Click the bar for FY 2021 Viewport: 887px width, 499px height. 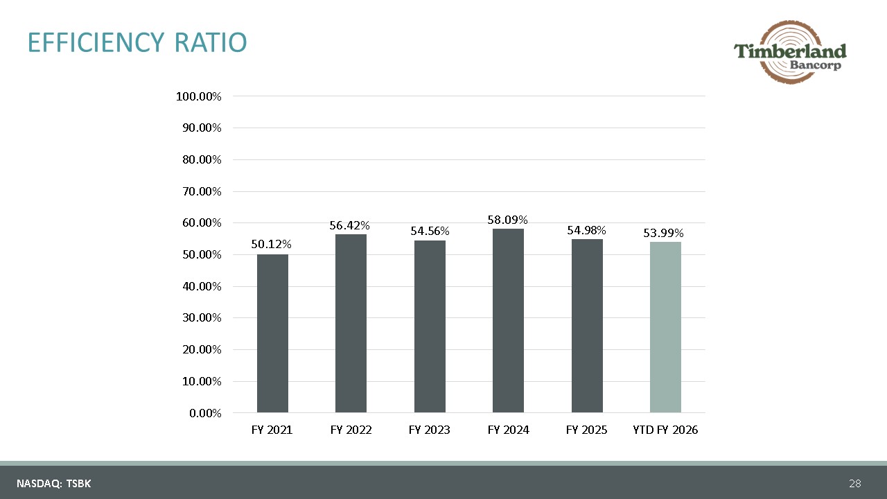pos(272,333)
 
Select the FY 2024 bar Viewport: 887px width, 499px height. pos(508,321)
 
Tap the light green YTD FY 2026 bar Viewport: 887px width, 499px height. pos(665,327)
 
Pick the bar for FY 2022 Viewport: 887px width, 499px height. pos(351,324)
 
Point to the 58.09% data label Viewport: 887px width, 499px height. pos(507,220)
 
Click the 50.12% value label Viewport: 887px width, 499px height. pos(271,245)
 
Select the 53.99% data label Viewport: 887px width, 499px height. pos(663,233)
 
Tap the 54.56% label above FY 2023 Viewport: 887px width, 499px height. pos(430,231)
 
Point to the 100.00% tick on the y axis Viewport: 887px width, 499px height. pos(198,96)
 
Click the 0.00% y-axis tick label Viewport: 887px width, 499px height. pos(205,413)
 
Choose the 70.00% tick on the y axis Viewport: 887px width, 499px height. pos(202,191)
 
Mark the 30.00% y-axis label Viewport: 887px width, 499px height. pos(202,317)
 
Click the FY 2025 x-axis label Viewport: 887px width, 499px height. pos(586,430)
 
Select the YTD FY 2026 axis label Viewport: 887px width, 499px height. pos(665,430)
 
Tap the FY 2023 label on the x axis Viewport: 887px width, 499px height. pos(429,430)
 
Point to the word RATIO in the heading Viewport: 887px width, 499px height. pos(211,42)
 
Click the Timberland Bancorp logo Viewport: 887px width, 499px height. pos(790,52)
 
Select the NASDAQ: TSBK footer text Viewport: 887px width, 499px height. pos(54,484)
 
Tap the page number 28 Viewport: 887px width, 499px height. pos(855,483)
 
